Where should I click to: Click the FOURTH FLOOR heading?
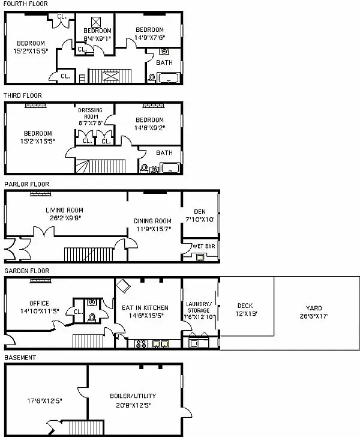pyautogui.click(x=25, y=4)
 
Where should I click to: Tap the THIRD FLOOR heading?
pyautogui.click(x=22, y=95)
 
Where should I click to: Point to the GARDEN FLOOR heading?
pyautogui.click(x=26, y=271)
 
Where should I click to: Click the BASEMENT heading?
pyautogui.click(x=20, y=358)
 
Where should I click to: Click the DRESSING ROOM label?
pyautogui.click(x=91, y=113)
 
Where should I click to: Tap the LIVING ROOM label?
pyautogui.click(x=64, y=210)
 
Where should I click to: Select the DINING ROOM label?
pyautogui.click(x=152, y=221)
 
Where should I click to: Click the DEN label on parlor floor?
pyautogui.click(x=200, y=211)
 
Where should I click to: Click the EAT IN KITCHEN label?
pyautogui.click(x=145, y=308)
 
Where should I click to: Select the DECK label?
pyautogui.click(x=245, y=306)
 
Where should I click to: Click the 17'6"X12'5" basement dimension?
pyautogui.click(x=44, y=401)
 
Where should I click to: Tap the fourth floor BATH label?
pyautogui.click(x=164, y=62)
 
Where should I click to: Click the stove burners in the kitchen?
pyautogui.click(x=143, y=345)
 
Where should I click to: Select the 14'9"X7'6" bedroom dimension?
pyautogui.click(x=149, y=38)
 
